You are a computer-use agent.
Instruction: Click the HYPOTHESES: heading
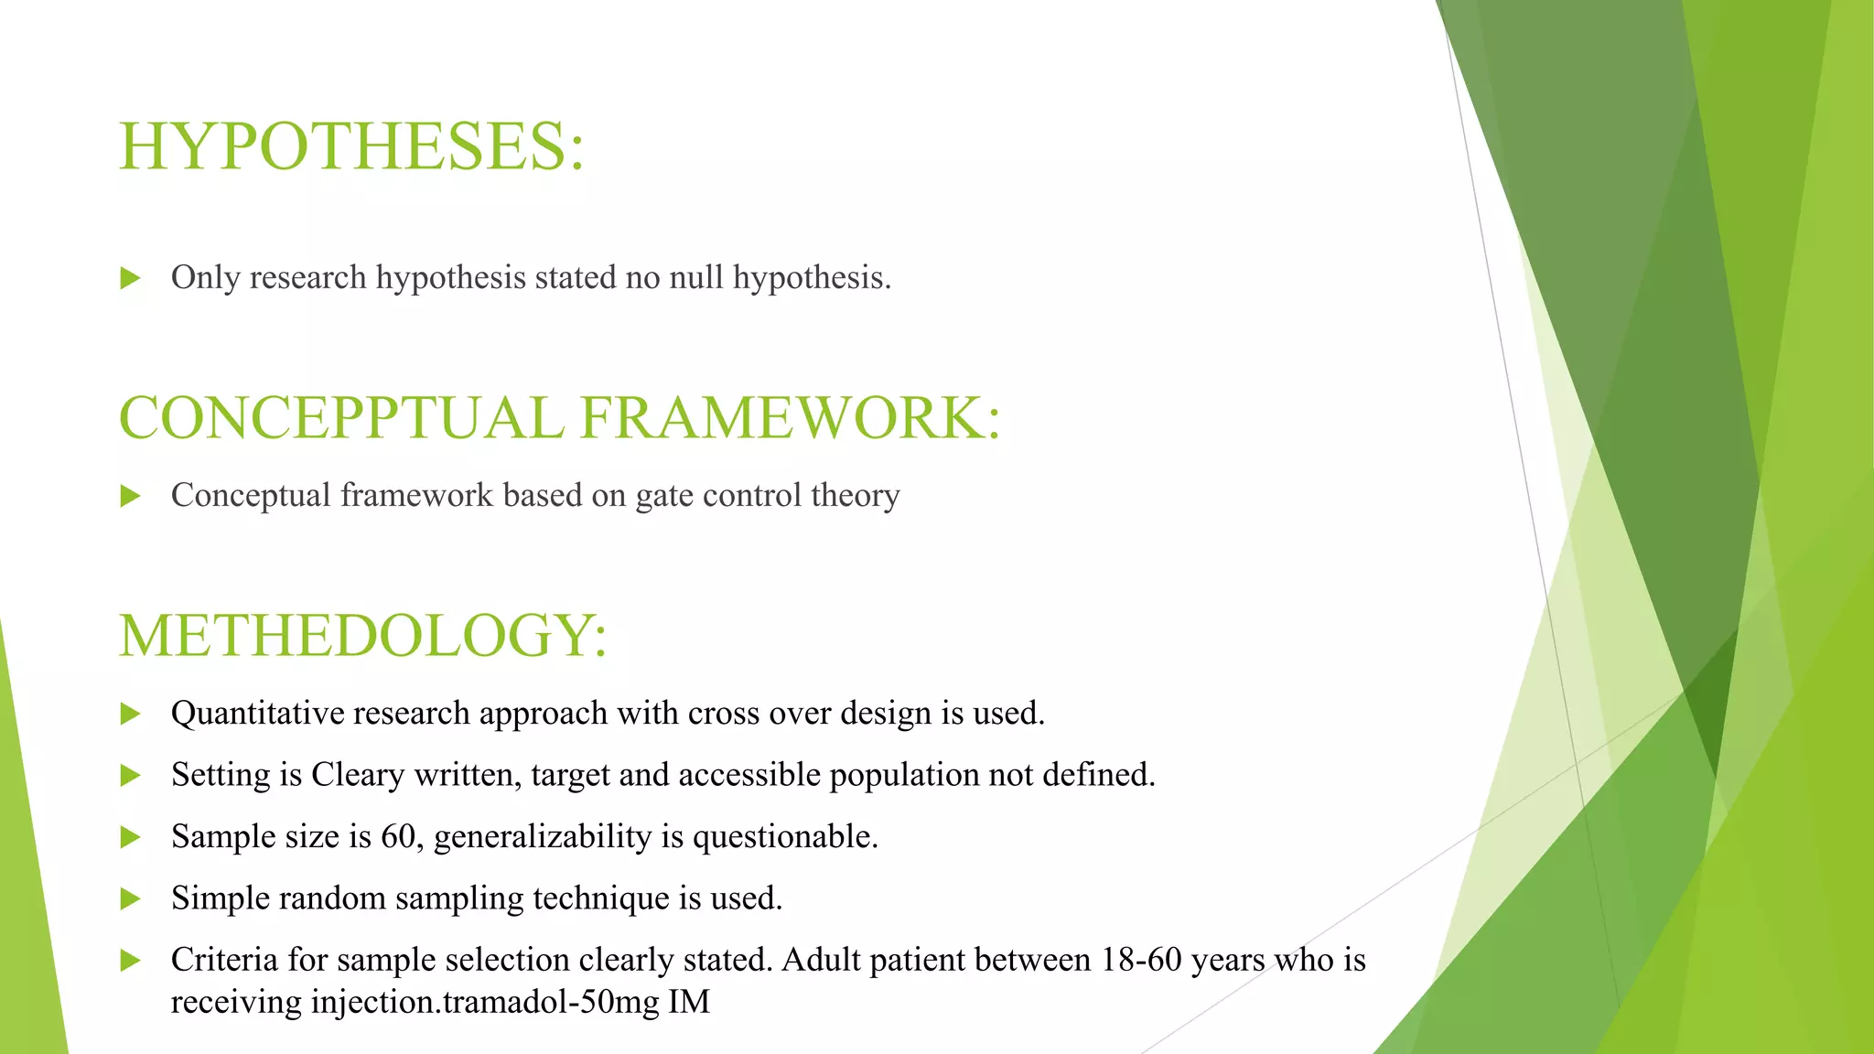[x=351, y=146]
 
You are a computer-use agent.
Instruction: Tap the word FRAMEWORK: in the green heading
[x=791, y=418]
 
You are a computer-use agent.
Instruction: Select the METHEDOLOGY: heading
[x=362, y=635]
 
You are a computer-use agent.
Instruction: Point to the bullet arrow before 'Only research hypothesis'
[x=131, y=278]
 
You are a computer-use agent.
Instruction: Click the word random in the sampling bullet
[x=332, y=898]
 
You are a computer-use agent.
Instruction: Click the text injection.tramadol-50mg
[x=485, y=1002]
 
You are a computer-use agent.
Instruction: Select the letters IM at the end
[x=689, y=1002]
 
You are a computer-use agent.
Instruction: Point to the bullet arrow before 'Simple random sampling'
[x=131, y=898]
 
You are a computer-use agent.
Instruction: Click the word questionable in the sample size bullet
[x=785, y=837]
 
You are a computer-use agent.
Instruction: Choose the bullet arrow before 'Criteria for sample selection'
[x=131, y=961]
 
